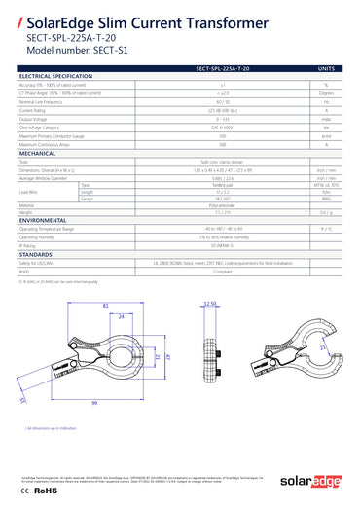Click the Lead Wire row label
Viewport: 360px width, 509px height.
(x=29, y=192)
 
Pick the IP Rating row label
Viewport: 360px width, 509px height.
(x=28, y=245)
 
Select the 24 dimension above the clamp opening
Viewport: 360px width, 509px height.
(x=121, y=317)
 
